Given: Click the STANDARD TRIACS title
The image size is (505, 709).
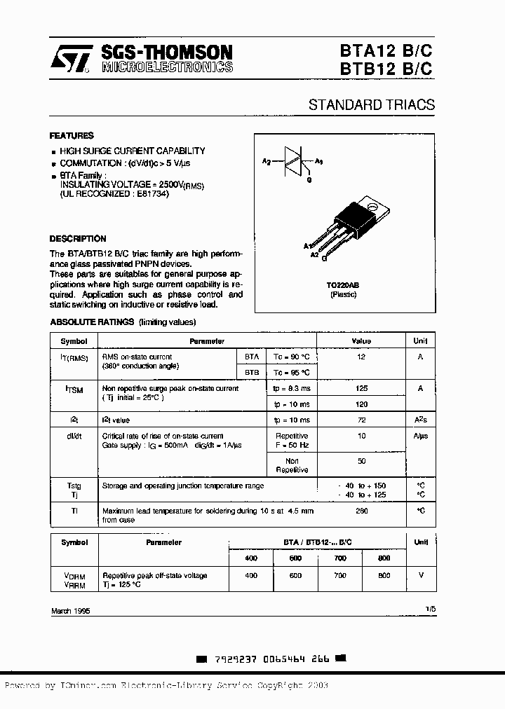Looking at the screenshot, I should (371, 105).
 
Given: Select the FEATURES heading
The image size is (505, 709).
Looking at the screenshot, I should (71, 135).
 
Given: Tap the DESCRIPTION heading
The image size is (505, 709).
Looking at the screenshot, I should (78, 238).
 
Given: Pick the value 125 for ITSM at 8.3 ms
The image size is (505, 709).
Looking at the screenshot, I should (361, 388).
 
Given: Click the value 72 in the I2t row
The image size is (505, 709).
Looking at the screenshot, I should (361, 420).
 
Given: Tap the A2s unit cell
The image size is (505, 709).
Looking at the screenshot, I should (420, 420).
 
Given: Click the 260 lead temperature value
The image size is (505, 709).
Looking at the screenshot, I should (361, 511).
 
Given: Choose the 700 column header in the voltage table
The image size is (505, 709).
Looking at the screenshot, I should (340, 558).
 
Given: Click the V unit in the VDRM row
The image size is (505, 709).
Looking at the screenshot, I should (420, 575).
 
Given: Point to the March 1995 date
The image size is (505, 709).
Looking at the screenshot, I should (70, 611).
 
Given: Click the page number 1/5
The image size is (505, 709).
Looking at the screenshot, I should (429, 610).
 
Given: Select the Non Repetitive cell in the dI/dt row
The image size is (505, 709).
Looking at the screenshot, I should (291, 465).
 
